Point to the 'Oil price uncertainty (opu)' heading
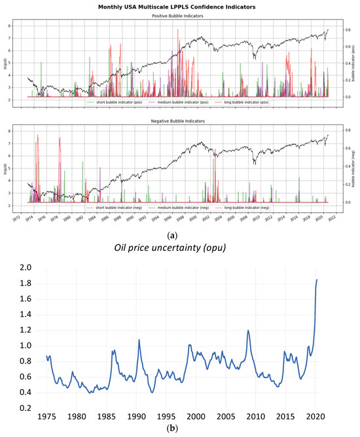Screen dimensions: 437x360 click(x=181, y=243)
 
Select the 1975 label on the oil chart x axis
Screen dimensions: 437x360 click(x=46, y=417)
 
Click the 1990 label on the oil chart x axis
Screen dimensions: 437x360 click(x=137, y=417)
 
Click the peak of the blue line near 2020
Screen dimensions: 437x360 click(x=317, y=280)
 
